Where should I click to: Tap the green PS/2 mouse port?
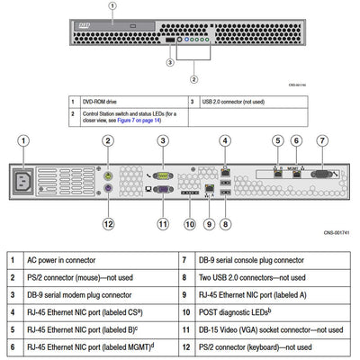[108, 176]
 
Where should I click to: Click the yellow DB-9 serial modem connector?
[163, 177]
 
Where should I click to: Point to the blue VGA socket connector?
[163, 192]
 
